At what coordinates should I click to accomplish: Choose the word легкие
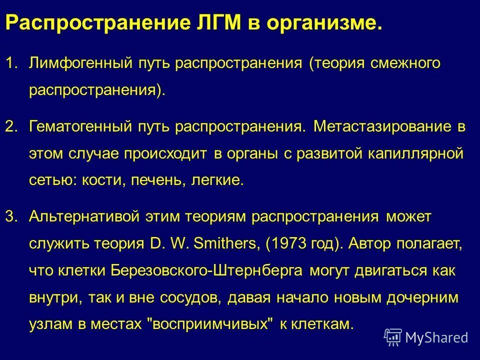click(x=217, y=180)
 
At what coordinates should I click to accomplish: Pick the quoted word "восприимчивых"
click(x=212, y=324)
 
